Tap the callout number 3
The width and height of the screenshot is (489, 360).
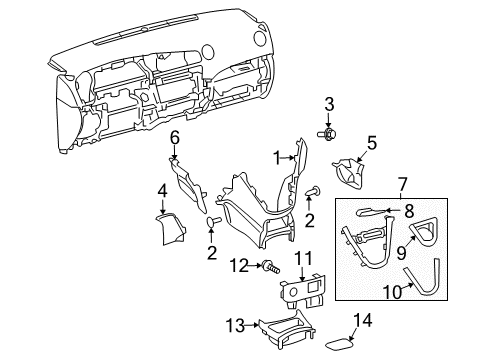click(328, 104)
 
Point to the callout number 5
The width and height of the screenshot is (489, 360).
click(371, 143)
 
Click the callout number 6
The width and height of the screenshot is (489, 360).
click(173, 136)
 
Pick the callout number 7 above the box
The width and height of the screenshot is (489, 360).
click(404, 184)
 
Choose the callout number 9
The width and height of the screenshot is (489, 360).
click(400, 254)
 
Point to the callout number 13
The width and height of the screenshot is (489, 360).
click(233, 325)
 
